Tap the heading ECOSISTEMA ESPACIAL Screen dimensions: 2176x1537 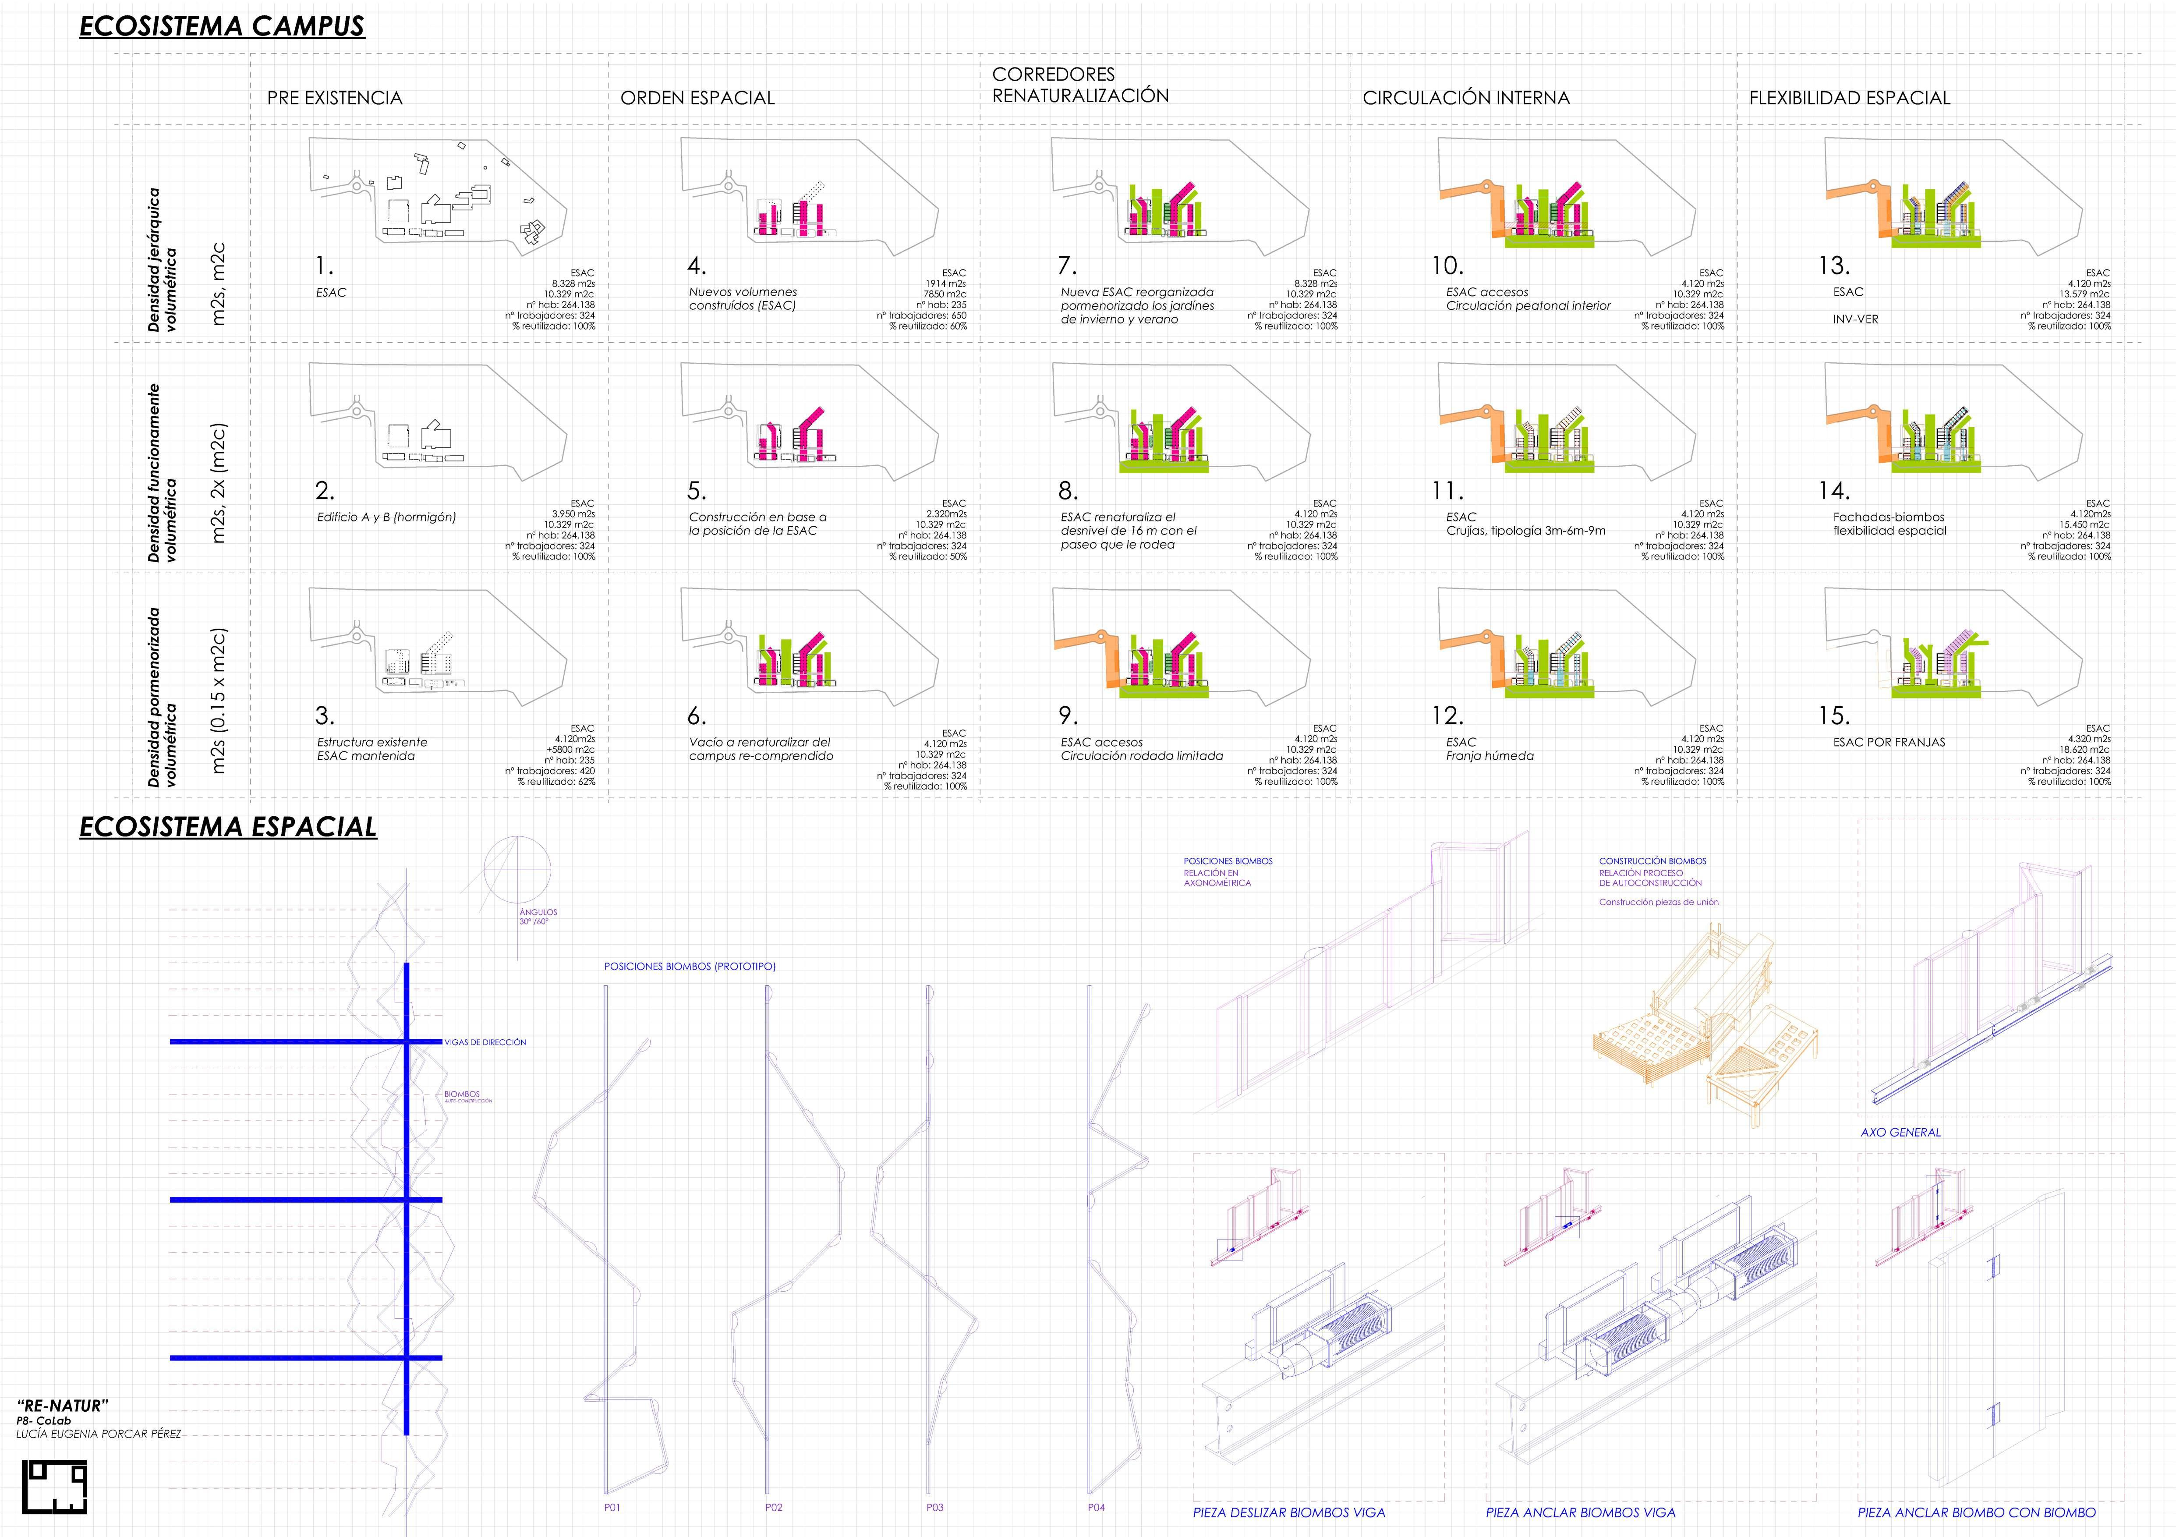click(x=227, y=827)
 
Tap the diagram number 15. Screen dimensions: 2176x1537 click(x=1834, y=716)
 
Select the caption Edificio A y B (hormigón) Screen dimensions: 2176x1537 click(x=386, y=517)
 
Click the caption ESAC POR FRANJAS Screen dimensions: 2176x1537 click(x=1888, y=742)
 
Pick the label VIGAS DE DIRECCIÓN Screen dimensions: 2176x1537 click(x=485, y=1042)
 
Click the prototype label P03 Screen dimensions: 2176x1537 click(x=934, y=1508)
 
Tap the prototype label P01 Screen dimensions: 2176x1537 click(x=612, y=1508)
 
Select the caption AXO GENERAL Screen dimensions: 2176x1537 click(x=1900, y=1133)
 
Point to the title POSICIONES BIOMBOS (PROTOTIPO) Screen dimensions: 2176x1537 click(x=689, y=967)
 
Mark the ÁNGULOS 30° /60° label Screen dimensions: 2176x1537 click(x=538, y=916)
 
